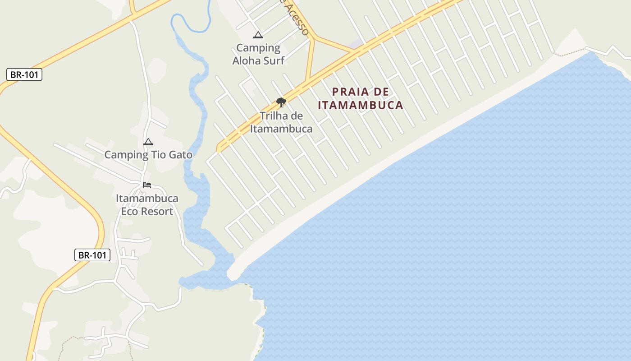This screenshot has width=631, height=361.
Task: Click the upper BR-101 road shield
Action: click(x=24, y=75)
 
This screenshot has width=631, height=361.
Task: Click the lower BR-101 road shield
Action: click(x=92, y=255)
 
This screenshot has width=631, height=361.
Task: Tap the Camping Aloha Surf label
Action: click(x=258, y=54)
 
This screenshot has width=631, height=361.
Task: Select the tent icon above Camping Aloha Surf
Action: click(x=258, y=35)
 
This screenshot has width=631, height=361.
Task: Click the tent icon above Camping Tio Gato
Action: click(x=148, y=142)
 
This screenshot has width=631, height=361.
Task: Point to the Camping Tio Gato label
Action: click(x=148, y=155)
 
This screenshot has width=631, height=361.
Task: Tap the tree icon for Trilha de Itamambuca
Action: click(x=281, y=102)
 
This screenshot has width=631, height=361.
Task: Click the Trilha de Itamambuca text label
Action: click(x=281, y=122)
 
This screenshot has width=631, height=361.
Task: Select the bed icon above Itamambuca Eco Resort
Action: click(x=147, y=185)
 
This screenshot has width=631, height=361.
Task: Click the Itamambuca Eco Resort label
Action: click(x=147, y=204)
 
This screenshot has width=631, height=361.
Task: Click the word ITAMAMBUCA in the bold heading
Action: click(x=360, y=105)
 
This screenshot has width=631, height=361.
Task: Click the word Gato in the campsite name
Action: click(x=180, y=155)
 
